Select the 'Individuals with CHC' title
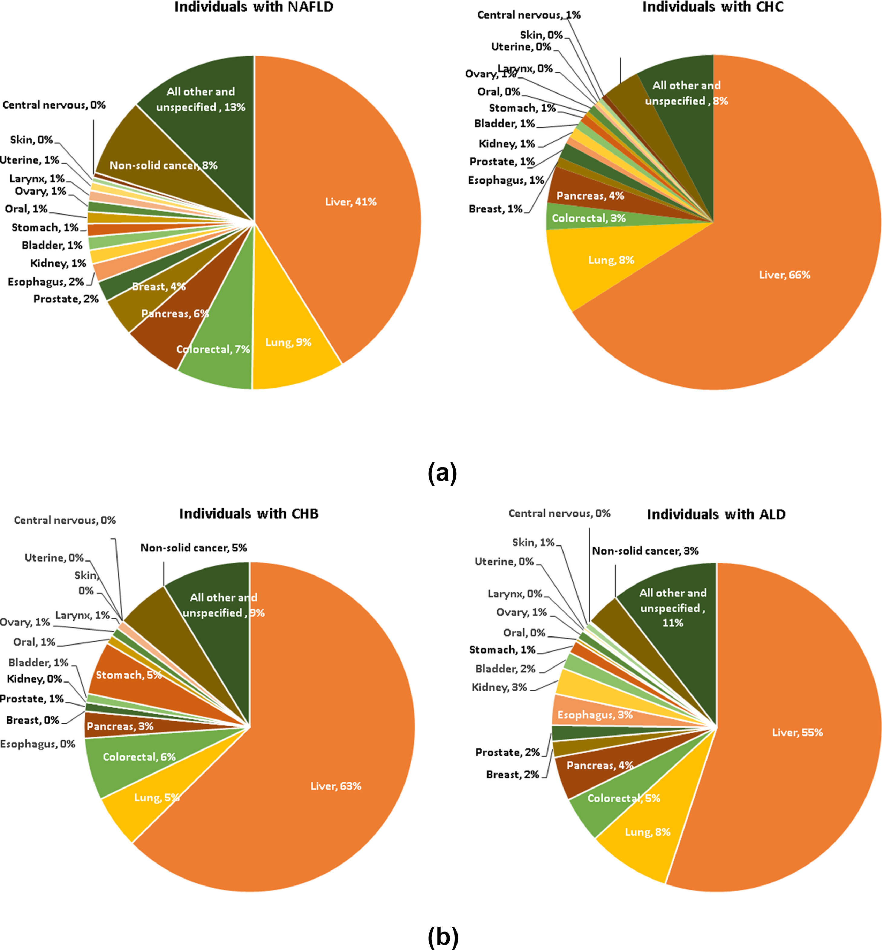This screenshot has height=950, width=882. [713, 7]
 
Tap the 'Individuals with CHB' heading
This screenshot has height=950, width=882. [249, 514]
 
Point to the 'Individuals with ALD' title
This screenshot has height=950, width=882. [716, 515]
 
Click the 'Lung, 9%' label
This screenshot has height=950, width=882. [288, 342]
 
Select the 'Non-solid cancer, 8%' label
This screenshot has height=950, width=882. [163, 166]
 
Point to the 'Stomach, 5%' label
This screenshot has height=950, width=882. [129, 675]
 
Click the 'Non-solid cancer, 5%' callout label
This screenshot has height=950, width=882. [193, 548]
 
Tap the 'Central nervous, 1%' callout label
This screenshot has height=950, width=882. [529, 15]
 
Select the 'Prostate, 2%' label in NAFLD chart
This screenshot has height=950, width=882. [66, 299]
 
